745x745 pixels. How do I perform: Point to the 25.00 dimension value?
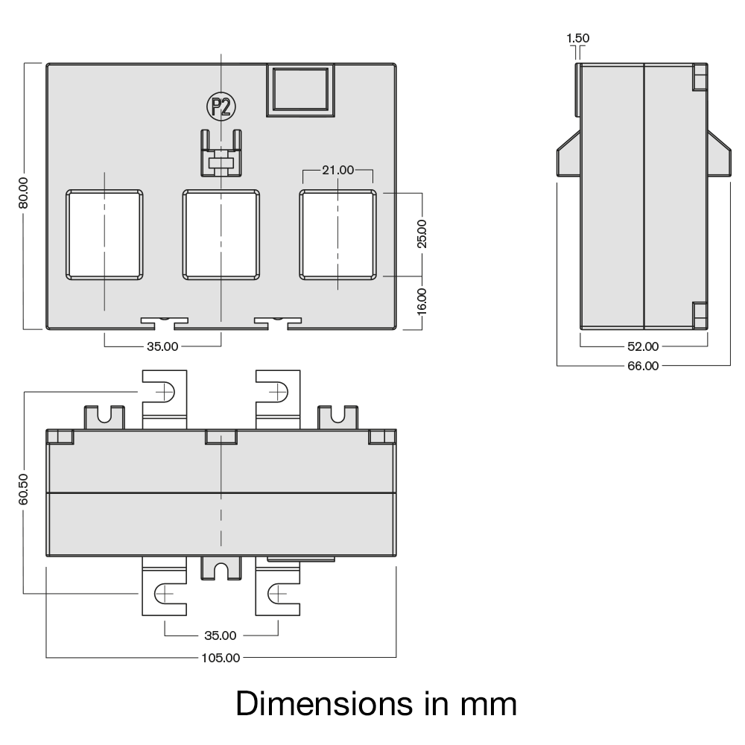(422, 233)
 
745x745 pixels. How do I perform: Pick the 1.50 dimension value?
(578, 38)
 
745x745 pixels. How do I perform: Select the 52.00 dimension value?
(643, 346)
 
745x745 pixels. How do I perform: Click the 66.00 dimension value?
(643, 365)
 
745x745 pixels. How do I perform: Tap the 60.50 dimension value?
(23, 489)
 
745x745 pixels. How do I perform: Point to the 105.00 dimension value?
(221, 658)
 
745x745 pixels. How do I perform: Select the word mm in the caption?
(484, 703)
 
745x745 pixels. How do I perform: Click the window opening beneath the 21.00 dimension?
(337, 235)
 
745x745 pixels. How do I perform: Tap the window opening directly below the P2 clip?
(221, 235)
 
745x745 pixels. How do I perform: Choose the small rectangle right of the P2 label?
(300, 90)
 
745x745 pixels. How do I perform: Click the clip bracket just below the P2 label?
(221, 153)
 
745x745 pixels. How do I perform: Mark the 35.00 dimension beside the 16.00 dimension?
(162, 346)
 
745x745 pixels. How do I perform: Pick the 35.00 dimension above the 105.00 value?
(221, 635)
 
